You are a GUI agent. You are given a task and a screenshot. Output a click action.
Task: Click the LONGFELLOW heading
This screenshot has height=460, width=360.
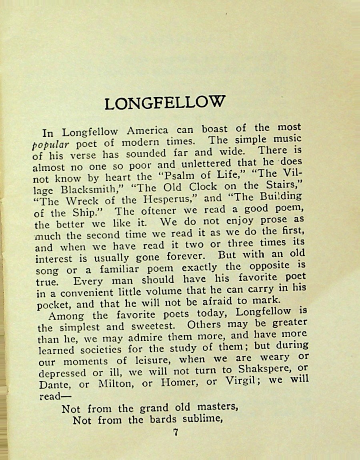pos(164,103)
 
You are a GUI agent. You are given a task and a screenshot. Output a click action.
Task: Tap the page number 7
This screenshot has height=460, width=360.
pos(175,432)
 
